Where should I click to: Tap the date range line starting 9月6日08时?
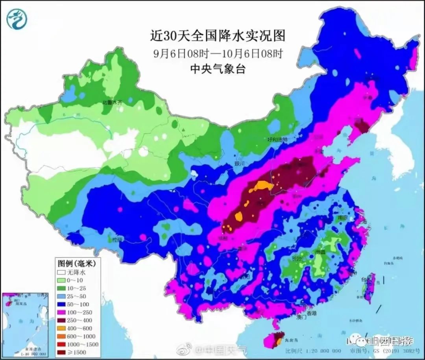click(217, 54)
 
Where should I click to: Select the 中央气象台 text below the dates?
click(217, 69)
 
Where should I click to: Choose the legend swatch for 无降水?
click(61, 272)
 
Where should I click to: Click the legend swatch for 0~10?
click(61, 280)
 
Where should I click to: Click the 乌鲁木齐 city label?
click(112, 102)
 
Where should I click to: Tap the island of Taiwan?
click(370, 285)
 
